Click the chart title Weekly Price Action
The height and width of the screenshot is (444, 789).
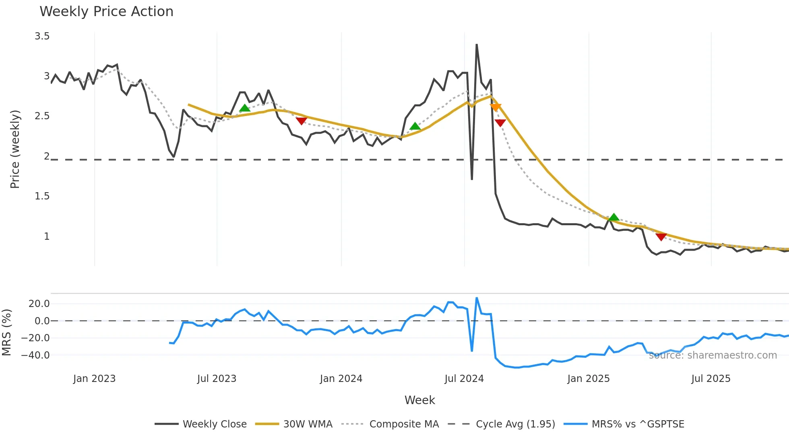point(106,12)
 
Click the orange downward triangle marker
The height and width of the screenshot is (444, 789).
point(496,107)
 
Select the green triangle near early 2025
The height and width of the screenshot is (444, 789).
point(613,218)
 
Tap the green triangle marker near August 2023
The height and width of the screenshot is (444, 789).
point(245,108)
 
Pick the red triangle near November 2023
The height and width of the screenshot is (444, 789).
point(302,121)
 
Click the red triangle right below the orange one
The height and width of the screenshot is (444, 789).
point(500,123)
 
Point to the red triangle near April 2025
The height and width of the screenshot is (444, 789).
point(661,237)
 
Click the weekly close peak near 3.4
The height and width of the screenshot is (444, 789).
point(477,45)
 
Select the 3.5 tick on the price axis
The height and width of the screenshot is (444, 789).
point(42,36)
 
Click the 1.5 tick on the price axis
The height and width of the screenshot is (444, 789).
point(42,196)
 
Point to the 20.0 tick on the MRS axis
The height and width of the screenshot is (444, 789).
point(39,304)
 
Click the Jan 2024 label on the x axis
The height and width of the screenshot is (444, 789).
point(341,379)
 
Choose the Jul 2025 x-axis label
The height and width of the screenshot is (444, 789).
point(711,379)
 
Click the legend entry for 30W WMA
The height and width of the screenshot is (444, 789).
point(308,424)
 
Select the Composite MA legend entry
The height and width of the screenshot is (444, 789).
point(404,424)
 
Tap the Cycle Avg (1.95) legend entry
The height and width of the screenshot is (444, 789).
point(515,424)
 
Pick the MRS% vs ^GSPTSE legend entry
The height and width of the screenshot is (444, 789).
point(638,424)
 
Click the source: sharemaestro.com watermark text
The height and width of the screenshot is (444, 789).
point(713,355)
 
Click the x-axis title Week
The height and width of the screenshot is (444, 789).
point(419,400)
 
